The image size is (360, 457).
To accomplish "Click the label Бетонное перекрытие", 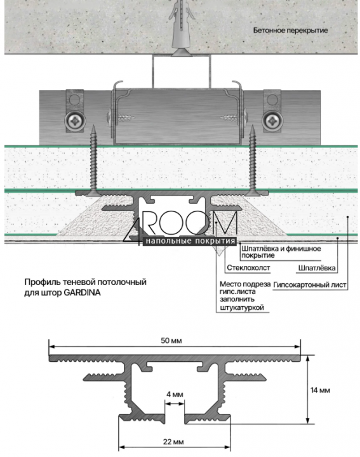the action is (290, 30).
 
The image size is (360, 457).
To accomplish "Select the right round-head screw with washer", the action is (272, 121).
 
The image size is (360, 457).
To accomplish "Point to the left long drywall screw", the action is (93, 160).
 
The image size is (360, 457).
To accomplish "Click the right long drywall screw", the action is (253, 160).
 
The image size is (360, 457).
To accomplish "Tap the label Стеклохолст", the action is (248, 268).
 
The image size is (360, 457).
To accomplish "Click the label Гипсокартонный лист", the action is (310, 285).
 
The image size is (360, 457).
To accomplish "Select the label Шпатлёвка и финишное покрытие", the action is (281, 252).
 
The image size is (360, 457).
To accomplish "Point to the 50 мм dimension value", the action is (171, 340).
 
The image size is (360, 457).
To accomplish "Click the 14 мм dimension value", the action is (320, 390).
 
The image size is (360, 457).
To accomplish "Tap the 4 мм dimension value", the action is (175, 394).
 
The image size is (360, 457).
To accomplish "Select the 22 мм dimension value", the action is (173, 442).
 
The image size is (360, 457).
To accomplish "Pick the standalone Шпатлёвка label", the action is (317, 268).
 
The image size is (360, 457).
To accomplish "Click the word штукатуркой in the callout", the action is (242, 307).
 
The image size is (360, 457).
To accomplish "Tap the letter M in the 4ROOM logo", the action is (223, 223).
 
